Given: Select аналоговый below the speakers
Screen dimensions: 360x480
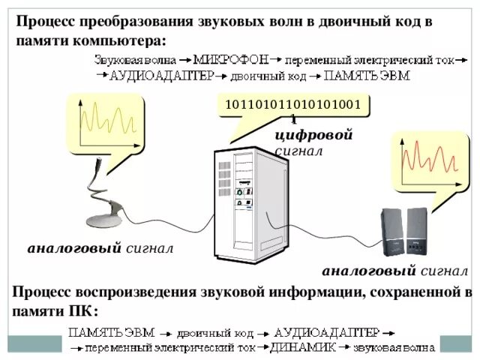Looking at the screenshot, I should coord(368,271).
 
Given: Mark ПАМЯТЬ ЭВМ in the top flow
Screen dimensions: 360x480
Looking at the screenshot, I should coord(367,76).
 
